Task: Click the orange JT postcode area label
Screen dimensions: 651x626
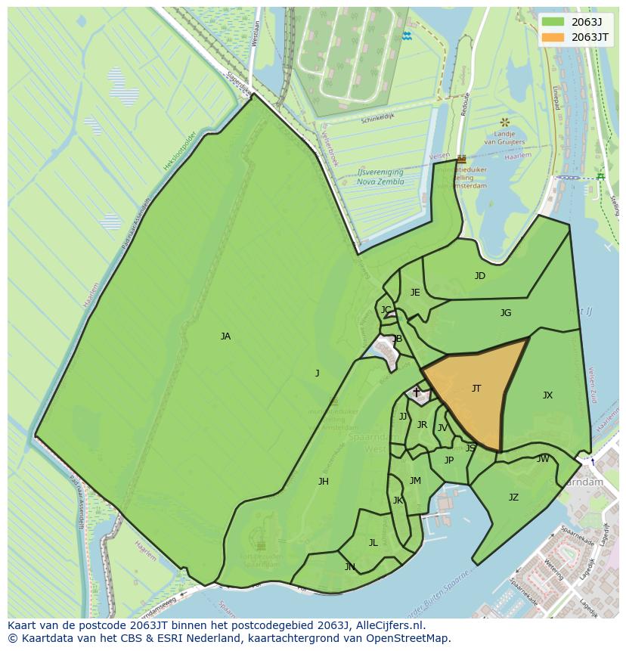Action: [476, 389]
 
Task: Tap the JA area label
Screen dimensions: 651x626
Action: [225, 336]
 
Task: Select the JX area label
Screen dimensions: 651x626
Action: [547, 395]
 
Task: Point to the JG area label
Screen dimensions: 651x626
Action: [506, 313]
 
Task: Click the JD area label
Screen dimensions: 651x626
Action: [480, 276]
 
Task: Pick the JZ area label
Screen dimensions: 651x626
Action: [513, 498]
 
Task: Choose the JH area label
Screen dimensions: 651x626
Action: [323, 482]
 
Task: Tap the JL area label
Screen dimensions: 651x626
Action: [373, 543]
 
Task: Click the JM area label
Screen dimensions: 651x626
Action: [415, 481]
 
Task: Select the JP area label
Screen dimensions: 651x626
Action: [449, 460]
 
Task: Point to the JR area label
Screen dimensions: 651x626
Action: [422, 425]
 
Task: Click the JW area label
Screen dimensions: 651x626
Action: [543, 459]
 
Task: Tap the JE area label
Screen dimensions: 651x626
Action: [415, 293]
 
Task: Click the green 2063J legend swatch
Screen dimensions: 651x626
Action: [553, 22]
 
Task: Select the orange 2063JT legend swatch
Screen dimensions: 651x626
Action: [553, 37]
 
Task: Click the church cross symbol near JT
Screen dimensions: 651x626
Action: [416, 392]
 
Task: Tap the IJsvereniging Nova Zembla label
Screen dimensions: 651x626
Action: [380, 177]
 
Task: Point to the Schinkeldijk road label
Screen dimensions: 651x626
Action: [378, 119]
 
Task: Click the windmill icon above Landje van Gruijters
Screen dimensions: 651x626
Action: [504, 122]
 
